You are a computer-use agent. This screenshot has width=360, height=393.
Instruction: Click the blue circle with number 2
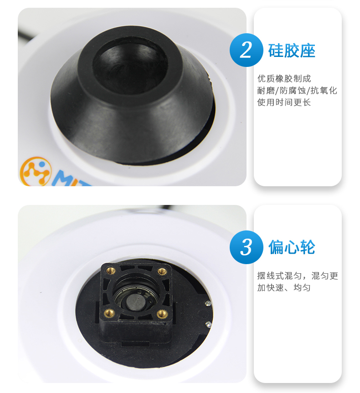point(247,50)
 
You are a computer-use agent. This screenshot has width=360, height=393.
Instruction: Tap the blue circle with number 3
point(247,247)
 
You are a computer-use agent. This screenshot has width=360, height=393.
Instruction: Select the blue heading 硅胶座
point(292,51)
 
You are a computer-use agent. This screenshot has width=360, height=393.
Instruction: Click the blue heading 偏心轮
point(292,247)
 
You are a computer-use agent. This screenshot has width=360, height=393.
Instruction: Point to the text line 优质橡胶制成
point(284,79)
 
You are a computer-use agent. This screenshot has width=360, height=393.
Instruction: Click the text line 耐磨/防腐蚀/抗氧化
point(297,91)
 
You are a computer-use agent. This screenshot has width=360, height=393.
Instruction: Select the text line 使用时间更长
point(284,102)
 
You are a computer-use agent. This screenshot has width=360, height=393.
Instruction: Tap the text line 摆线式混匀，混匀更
point(298,276)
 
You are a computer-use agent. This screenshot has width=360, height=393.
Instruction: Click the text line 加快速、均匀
point(284,287)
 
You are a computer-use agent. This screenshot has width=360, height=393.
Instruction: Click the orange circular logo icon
point(36,172)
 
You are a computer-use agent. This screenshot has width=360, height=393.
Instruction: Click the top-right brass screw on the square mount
point(162,271)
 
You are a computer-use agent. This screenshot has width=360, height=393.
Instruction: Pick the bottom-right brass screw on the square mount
point(161,313)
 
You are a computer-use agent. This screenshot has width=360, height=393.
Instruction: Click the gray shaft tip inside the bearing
point(134,301)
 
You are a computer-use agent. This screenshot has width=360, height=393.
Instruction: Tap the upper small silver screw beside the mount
point(208,303)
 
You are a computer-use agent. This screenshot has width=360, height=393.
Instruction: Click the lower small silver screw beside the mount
point(208,324)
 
